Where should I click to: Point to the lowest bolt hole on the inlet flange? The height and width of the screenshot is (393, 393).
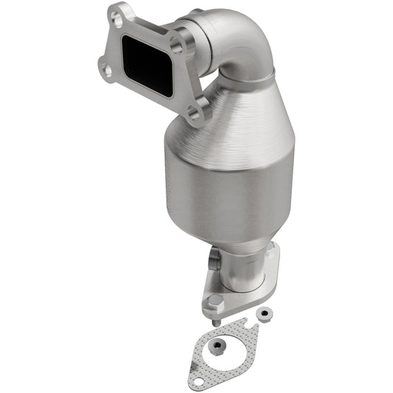[194, 114]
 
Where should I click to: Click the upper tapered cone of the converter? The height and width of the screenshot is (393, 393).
[243, 118]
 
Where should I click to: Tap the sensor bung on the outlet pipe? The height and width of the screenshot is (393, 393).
[216, 259]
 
